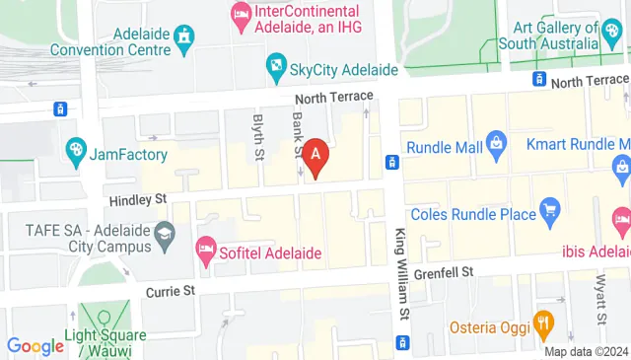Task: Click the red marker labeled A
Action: coord(315,155)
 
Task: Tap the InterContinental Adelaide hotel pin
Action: coord(241,13)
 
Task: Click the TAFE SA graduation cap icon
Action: coord(164,234)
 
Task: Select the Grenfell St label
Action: coord(444,270)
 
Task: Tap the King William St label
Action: coord(401,274)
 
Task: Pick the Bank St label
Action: coord(297,131)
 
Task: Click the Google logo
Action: coord(35,346)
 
